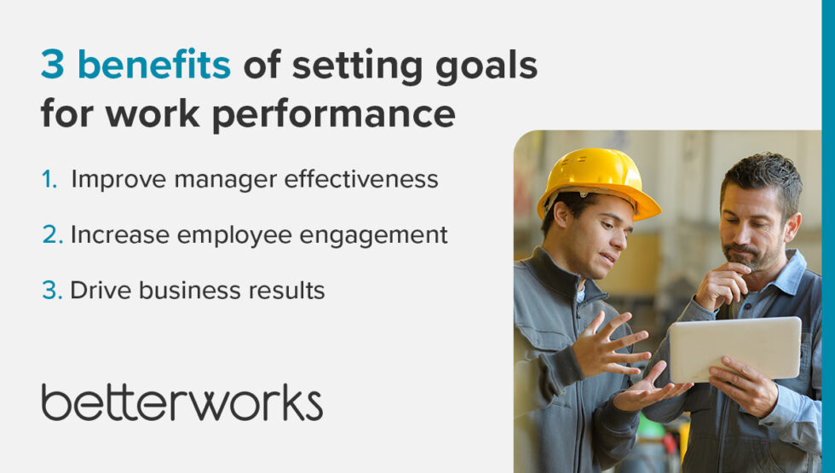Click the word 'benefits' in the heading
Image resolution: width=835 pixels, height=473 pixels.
(x=154, y=66)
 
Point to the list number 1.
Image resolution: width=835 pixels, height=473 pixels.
(x=49, y=180)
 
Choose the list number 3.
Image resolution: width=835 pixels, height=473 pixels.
(x=51, y=291)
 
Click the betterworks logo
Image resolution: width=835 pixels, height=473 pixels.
(x=181, y=402)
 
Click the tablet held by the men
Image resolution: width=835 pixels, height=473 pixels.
(x=734, y=349)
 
